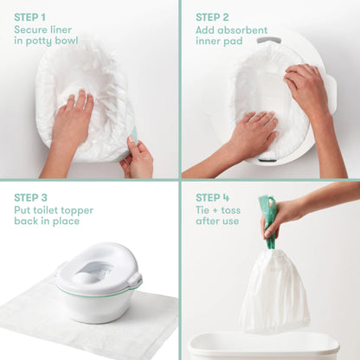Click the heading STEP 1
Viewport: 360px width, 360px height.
tap(35, 16)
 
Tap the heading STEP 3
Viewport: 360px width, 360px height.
tap(35, 196)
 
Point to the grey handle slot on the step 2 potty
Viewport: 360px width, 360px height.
tap(268, 40)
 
